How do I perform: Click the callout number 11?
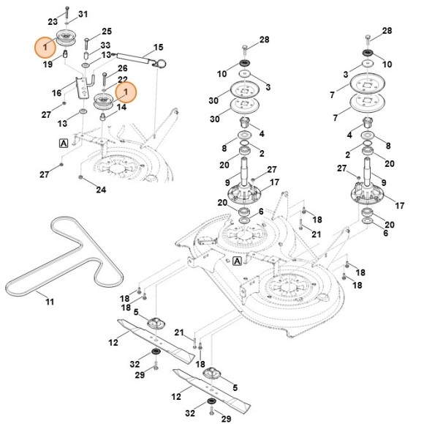click(x=50, y=302)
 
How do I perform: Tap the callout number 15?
click(x=158, y=47)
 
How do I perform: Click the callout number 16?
click(x=56, y=93)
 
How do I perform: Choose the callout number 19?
click(x=48, y=64)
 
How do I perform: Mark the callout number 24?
click(x=101, y=190)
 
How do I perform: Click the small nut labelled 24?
click(x=80, y=177)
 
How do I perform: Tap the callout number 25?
click(x=107, y=31)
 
